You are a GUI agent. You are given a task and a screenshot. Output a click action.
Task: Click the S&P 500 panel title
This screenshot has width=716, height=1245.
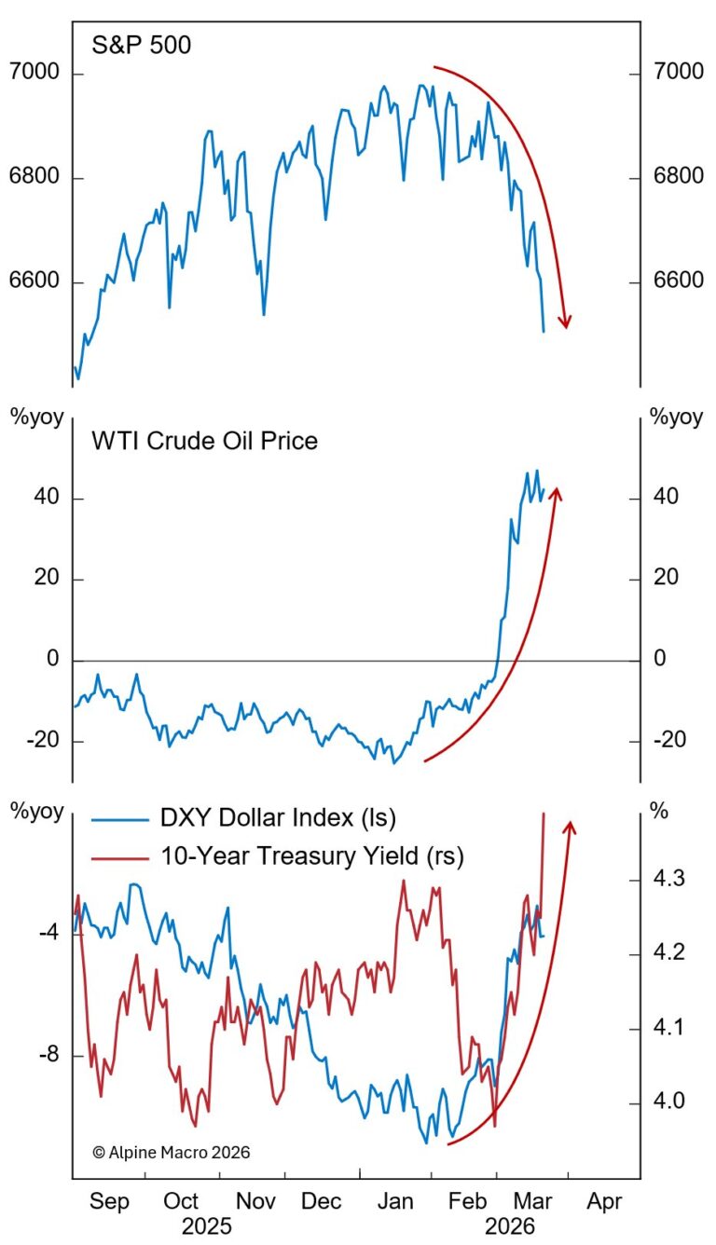click(141, 44)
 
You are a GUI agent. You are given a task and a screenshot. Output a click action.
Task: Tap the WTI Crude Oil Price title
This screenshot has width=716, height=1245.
click(204, 440)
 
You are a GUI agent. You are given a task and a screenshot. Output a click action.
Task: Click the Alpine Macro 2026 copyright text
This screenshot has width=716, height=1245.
click(172, 1152)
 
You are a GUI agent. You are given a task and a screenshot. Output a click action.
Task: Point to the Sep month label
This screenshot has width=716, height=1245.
click(109, 1201)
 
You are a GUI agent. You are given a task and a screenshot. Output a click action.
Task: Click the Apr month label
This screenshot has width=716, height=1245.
click(604, 1201)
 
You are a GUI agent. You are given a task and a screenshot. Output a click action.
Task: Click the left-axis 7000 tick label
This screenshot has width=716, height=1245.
click(35, 74)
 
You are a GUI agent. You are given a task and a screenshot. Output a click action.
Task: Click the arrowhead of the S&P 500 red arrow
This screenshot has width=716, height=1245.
click(564, 322)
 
